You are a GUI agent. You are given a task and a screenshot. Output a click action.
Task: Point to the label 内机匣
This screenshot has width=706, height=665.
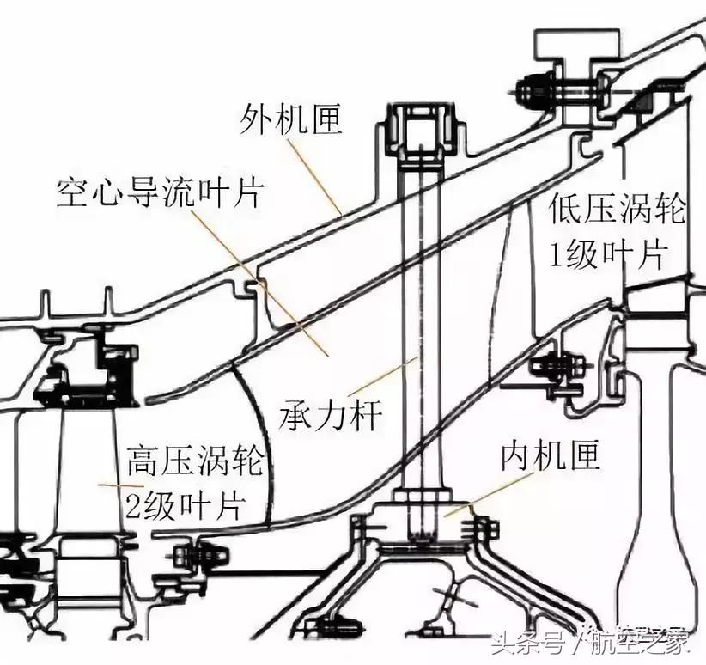[x=551, y=456]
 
